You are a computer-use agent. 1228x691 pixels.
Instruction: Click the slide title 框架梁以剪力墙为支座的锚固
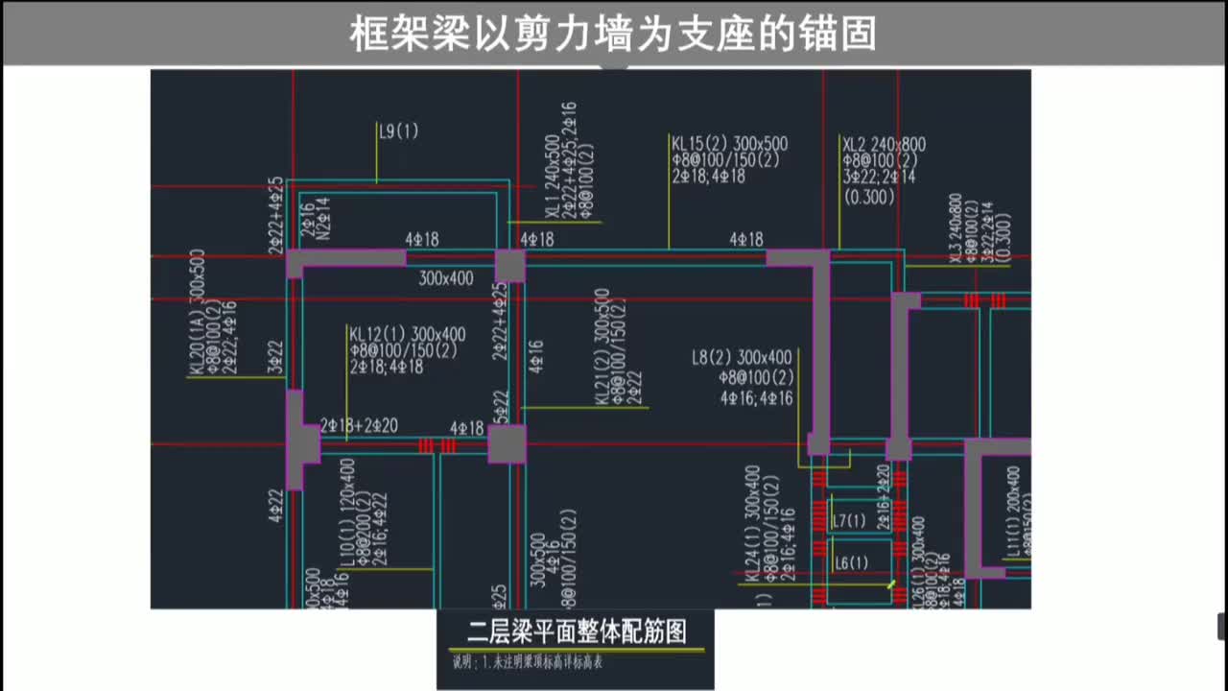tap(613, 34)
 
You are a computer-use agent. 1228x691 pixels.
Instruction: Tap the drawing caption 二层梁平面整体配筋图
tap(576, 631)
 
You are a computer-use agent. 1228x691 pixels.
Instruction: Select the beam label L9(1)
tap(399, 132)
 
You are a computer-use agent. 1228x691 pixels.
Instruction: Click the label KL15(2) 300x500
tap(729, 144)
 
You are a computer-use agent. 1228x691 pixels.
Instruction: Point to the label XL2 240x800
tap(884, 145)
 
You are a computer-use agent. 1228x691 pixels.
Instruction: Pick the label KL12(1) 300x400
tap(407, 334)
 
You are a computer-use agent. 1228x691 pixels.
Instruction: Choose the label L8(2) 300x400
tap(742, 358)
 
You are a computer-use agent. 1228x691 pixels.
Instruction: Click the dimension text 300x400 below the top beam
tap(446, 279)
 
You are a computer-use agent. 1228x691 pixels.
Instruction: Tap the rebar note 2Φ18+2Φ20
tap(359, 425)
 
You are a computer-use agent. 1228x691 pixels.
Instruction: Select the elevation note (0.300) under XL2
tap(869, 197)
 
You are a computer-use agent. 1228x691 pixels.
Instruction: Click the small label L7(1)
tap(849, 521)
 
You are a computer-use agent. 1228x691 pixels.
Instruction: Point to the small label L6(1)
tap(851, 563)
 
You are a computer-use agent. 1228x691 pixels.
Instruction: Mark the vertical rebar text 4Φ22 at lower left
tap(276, 505)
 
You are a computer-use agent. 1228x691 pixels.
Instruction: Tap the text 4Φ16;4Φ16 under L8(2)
tap(756, 397)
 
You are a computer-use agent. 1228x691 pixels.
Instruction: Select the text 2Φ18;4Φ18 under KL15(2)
tap(708, 177)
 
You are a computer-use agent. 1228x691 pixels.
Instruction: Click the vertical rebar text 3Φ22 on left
tap(276, 357)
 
